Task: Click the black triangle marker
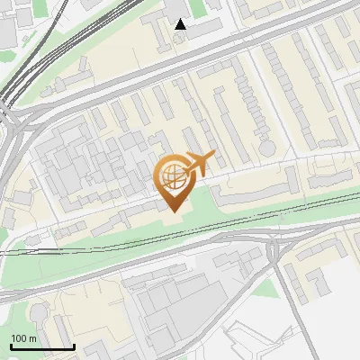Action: [181, 24]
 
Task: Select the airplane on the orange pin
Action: [199, 164]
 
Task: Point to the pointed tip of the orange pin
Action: [172, 210]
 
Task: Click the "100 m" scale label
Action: [24, 338]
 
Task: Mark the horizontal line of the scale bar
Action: [42, 347]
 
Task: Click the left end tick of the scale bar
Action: [11, 346]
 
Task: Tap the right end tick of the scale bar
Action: [74, 346]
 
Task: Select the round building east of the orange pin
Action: [266, 145]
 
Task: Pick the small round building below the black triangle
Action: [181, 42]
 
